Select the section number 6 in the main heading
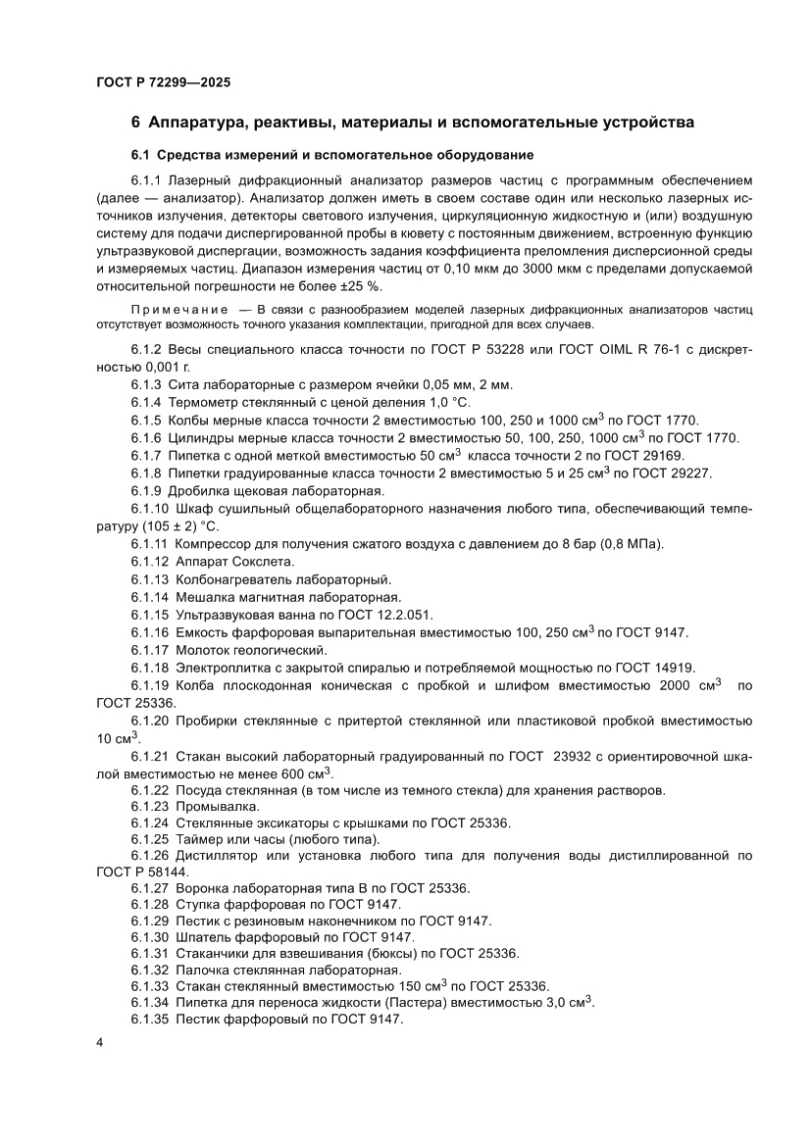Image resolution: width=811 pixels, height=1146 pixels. tap(136, 123)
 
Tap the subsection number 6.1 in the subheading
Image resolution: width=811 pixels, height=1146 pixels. tap(142, 155)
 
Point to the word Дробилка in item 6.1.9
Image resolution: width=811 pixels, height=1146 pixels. tap(202, 490)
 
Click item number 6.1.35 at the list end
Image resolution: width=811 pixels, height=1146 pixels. tap(149, 1020)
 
